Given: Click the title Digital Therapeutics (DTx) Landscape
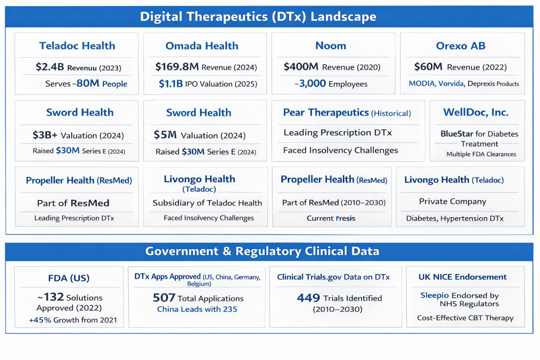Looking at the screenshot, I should (258, 17).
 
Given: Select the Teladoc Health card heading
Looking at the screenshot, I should (77, 46).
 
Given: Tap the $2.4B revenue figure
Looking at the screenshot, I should (50, 67).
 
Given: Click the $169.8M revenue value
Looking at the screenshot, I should (177, 67).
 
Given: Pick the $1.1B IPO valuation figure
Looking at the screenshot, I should (170, 84).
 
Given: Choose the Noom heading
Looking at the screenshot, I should (331, 46).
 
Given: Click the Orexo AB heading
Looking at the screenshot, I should (460, 46).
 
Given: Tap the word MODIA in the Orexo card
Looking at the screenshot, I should (422, 84).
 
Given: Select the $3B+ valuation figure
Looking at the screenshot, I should (45, 135).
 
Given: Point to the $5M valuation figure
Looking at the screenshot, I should (165, 135).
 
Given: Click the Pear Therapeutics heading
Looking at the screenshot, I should (326, 113).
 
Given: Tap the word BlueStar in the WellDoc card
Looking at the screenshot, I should (457, 134).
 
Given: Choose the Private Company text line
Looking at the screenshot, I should (452, 202).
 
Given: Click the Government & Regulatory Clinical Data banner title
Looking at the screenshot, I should (262, 251).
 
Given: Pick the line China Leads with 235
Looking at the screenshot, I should (197, 309).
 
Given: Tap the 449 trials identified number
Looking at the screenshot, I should (308, 298).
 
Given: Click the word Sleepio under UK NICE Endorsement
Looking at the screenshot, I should (434, 296).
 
